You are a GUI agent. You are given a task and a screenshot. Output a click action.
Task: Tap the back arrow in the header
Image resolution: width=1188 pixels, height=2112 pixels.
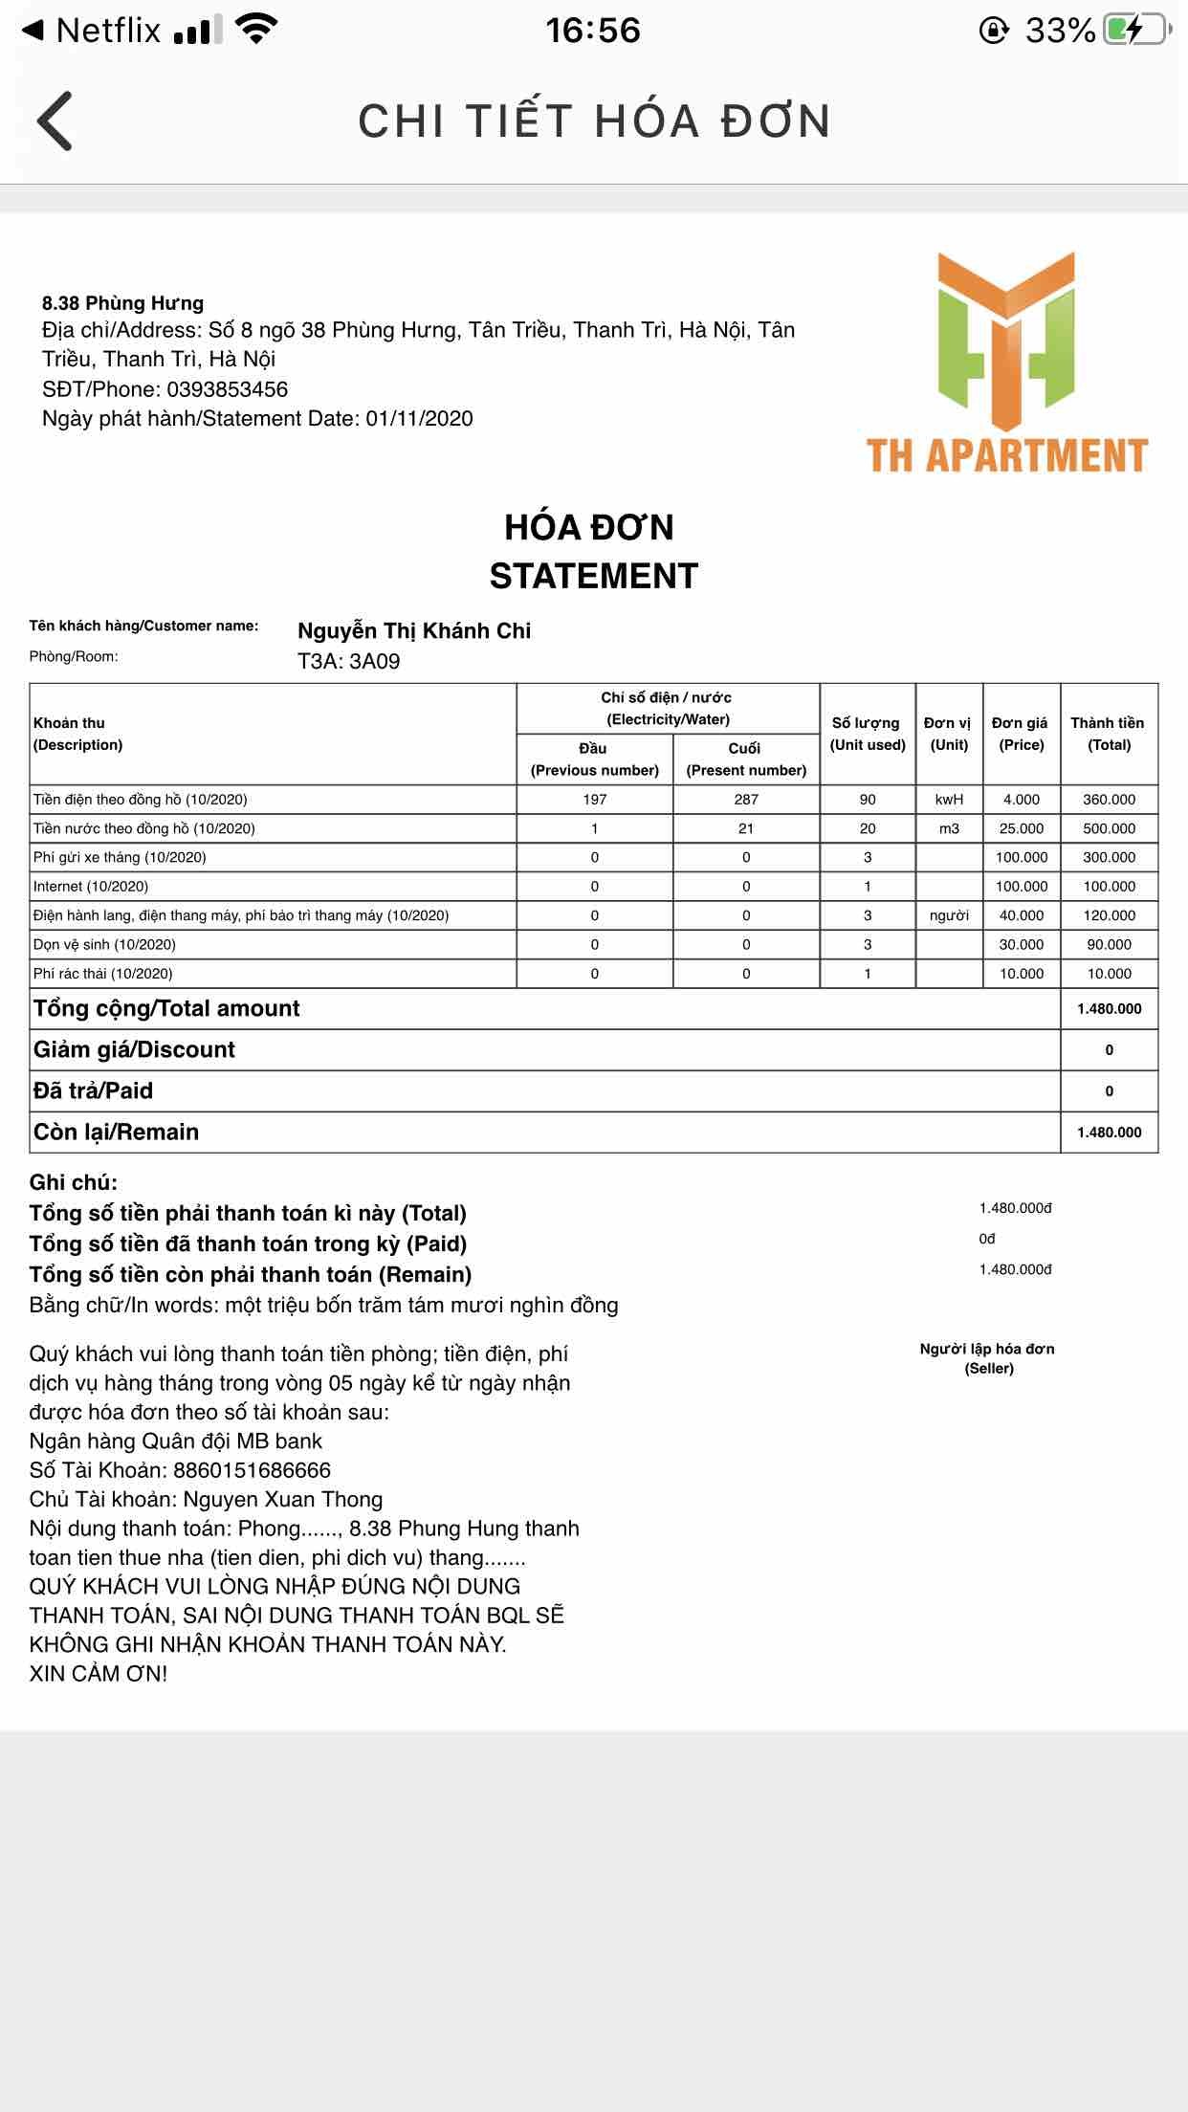tap(55, 121)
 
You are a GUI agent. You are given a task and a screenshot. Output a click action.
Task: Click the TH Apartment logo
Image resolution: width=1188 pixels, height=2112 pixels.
tap(1006, 363)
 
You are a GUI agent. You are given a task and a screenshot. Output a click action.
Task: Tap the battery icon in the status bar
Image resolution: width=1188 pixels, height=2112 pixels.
tap(1136, 31)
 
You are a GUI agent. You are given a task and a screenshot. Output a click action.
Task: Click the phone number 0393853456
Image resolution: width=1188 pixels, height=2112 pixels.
tap(227, 389)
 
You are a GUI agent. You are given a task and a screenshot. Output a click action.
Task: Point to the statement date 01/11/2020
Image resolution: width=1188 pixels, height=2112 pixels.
tap(419, 419)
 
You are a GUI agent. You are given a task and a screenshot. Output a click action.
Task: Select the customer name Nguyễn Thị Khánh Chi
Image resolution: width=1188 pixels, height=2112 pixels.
tap(413, 630)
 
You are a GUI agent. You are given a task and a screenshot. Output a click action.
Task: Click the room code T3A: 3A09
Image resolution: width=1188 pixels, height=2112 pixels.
tap(348, 662)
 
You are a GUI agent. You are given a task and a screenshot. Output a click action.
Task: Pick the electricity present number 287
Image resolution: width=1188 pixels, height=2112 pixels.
tap(746, 800)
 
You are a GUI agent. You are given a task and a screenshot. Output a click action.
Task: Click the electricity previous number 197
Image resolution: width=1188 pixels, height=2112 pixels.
tap(594, 800)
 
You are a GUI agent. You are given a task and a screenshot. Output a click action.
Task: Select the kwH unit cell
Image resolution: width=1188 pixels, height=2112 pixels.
tap(949, 800)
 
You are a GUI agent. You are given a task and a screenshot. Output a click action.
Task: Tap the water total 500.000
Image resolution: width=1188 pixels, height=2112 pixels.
tap(1109, 828)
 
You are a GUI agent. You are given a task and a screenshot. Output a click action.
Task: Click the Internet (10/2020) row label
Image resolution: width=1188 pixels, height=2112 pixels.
tap(91, 887)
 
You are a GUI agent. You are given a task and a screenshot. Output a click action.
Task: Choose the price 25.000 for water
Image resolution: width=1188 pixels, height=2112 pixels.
tap(1022, 828)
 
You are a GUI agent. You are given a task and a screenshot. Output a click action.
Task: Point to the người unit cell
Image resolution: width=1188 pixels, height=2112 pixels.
tap(949, 915)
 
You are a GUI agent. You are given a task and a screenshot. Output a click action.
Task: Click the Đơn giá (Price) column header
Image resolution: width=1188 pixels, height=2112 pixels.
tap(1021, 734)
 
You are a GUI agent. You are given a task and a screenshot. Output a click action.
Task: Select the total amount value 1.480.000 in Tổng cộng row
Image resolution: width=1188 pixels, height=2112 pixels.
tap(1109, 1009)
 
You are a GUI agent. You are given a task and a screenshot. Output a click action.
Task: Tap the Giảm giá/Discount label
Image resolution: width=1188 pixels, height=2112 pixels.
tap(134, 1050)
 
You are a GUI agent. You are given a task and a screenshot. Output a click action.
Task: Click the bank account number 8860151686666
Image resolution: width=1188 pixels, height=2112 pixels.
tap(252, 1470)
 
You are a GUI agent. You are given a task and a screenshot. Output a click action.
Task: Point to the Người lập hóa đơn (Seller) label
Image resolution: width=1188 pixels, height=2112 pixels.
tap(987, 1358)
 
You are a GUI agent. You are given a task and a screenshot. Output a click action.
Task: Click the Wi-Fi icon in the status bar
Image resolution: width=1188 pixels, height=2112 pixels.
tap(255, 30)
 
